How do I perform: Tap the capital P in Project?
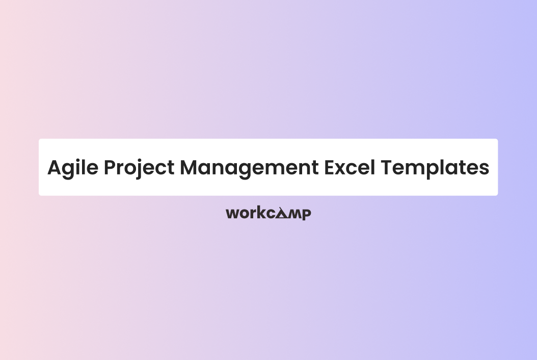click(111, 168)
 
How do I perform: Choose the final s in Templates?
click(485, 169)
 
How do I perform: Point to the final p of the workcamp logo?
click(306, 214)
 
